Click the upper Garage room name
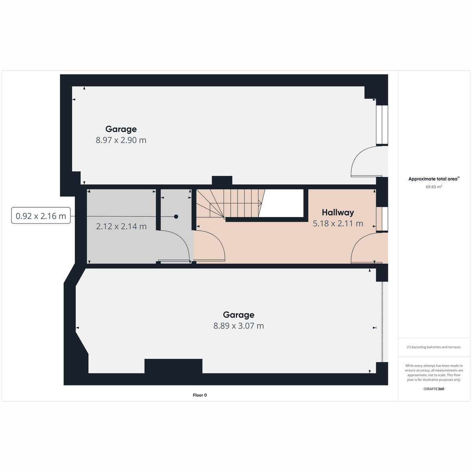pyautogui.click(x=121, y=129)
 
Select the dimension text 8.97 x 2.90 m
pyautogui.click(x=121, y=140)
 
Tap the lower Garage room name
pyautogui.click(x=238, y=315)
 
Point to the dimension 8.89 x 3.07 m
pyautogui.click(x=238, y=326)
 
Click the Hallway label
pyautogui.click(x=337, y=212)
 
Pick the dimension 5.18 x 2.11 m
pyautogui.click(x=337, y=223)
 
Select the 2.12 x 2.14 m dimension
pyautogui.click(x=121, y=227)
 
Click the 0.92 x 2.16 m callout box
pyautogui.click(x=41, y=216)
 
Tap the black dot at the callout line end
pyautogui.click(x=176, y=217)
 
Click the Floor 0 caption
pyautogui.click(x=200, y=395)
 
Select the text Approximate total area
pyautogui.click(x=433, y=179)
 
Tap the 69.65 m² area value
pyautogui.click(x=434, y=187)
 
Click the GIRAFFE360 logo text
pyautogui.click(x=434, y=389)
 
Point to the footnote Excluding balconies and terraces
pyautogui.click(x=434, y=347)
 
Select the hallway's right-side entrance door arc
pyautogui.click(x=364, y=248)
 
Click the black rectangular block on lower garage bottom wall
pyautogui.click(x=173, y=366)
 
